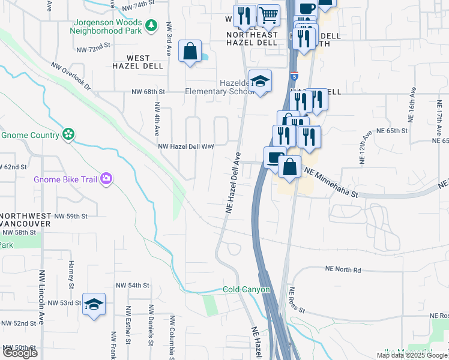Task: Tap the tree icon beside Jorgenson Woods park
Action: pyautogui.click(x=152, y=25)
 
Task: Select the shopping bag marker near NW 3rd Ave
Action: pyautogui.click(x=190, y=52)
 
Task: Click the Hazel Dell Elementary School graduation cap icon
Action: pyautogui.click(x=260, y=82)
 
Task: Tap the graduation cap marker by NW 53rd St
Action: pyautogui.click(x=94, y=305)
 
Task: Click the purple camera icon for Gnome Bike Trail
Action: pyautogui.click(x=106, y=178)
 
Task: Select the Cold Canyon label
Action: pyautogui.click(x=247, y=289)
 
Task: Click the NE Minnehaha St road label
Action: pyautogui.click(x=331, y=182)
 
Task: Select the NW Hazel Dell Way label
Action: pyautogui.click(x=186, y=146)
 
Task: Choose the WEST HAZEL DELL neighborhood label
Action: pyautogui.click(x=137, y=62)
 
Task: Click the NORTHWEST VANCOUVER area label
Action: pyautogui.click(x=26, y=220)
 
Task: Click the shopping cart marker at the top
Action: pyautogui.click(x=268, y=17)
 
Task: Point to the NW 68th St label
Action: pyautogui.click(x=148, y=92)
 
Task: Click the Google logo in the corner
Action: pyautogui.click(x=20, y=352)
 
